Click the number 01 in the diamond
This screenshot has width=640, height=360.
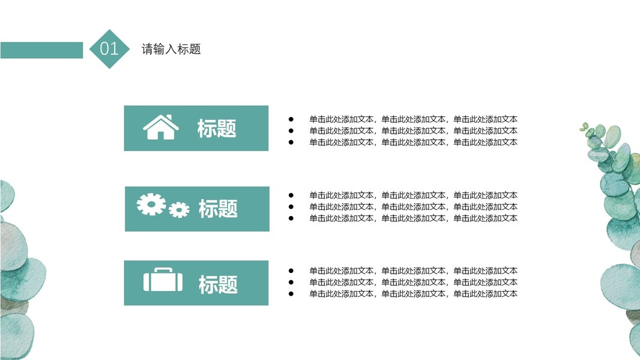coord(109,49)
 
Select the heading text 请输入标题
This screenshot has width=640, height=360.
coord(171,49)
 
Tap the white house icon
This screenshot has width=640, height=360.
coord(160,128)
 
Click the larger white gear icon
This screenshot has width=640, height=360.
coord(151,204)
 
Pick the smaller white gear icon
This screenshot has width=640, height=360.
coord(179,209)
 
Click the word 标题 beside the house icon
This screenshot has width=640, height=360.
coord(217,128)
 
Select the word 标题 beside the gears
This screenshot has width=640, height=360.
coord(218,209)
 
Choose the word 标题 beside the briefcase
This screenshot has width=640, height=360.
coord(218,284)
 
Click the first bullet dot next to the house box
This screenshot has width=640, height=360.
coord(291,119)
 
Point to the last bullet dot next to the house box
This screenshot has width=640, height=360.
coord(291,142)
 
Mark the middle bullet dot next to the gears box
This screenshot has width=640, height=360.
coord(291,206)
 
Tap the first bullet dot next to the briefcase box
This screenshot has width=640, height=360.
coord(291,271)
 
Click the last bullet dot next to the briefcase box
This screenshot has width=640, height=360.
coord(291,293)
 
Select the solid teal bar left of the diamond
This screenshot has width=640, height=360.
coord(41,50)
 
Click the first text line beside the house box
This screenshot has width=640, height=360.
coord(413,119)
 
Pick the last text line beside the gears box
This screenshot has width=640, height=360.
coord(413,218)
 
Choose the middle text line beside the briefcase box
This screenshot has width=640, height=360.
coord(413,282)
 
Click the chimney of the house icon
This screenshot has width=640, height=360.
coord(169,117)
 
